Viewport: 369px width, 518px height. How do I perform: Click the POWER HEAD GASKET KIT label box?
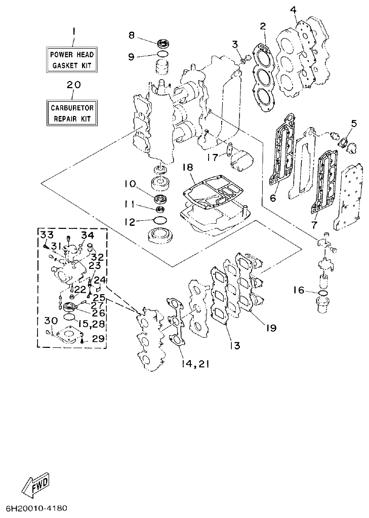click(71, 59)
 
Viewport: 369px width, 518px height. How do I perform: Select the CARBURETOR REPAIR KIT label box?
click(71, 112)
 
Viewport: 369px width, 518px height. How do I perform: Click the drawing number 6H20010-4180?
click(36, 508)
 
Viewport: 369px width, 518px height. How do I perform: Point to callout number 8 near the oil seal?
click(132, 35)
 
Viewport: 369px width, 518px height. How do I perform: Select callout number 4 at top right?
click(294, 10)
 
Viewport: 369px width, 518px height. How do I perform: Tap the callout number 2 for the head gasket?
click(263, 26)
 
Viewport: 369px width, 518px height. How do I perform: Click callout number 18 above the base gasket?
click(188, 168)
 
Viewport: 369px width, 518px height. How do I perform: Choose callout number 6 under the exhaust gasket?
click(273, 198)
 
